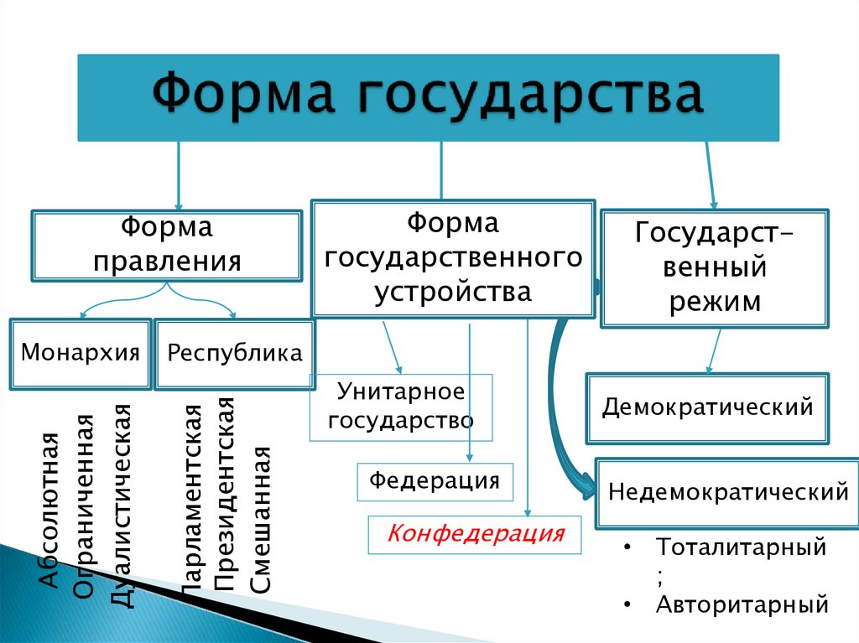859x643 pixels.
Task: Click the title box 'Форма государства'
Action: click(429, 97)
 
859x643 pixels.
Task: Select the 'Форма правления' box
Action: click(166, 245)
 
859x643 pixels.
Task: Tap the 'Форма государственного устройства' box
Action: click(453, 258)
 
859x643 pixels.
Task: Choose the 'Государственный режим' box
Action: click(715, 267)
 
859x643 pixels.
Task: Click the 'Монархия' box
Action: click(81, 353)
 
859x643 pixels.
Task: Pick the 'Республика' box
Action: click(235, 353)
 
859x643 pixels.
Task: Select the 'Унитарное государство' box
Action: click(401, 407)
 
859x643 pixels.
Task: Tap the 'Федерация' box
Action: click(435, 480)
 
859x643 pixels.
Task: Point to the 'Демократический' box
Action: click(707, 407)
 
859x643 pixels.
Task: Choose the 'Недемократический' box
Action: click(727, 491)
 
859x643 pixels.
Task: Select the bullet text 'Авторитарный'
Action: click(742, 604)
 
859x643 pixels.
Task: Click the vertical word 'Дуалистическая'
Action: click(122, 503)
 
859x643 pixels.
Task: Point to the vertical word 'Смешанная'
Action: click(261, 520)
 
